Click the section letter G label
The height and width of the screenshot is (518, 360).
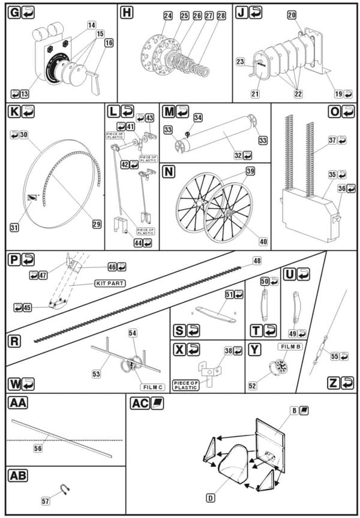[14, 12]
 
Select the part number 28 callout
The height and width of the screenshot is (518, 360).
[221, 16]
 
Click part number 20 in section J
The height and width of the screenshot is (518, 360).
[292, 15]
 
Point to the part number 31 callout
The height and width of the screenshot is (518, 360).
[14, 227]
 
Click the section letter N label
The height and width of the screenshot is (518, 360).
[169, 170]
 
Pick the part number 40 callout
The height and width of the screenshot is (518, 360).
[263, 242]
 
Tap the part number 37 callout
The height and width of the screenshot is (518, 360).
[332, 140]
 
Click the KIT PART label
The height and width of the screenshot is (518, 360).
[109, 282]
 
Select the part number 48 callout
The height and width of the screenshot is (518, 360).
[257, 261]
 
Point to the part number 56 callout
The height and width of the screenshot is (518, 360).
[38, 447]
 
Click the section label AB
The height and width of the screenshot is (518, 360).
[17, 475]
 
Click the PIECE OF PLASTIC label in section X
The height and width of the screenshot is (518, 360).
[186, 384]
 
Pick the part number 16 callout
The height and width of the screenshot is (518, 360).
[109, 43]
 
